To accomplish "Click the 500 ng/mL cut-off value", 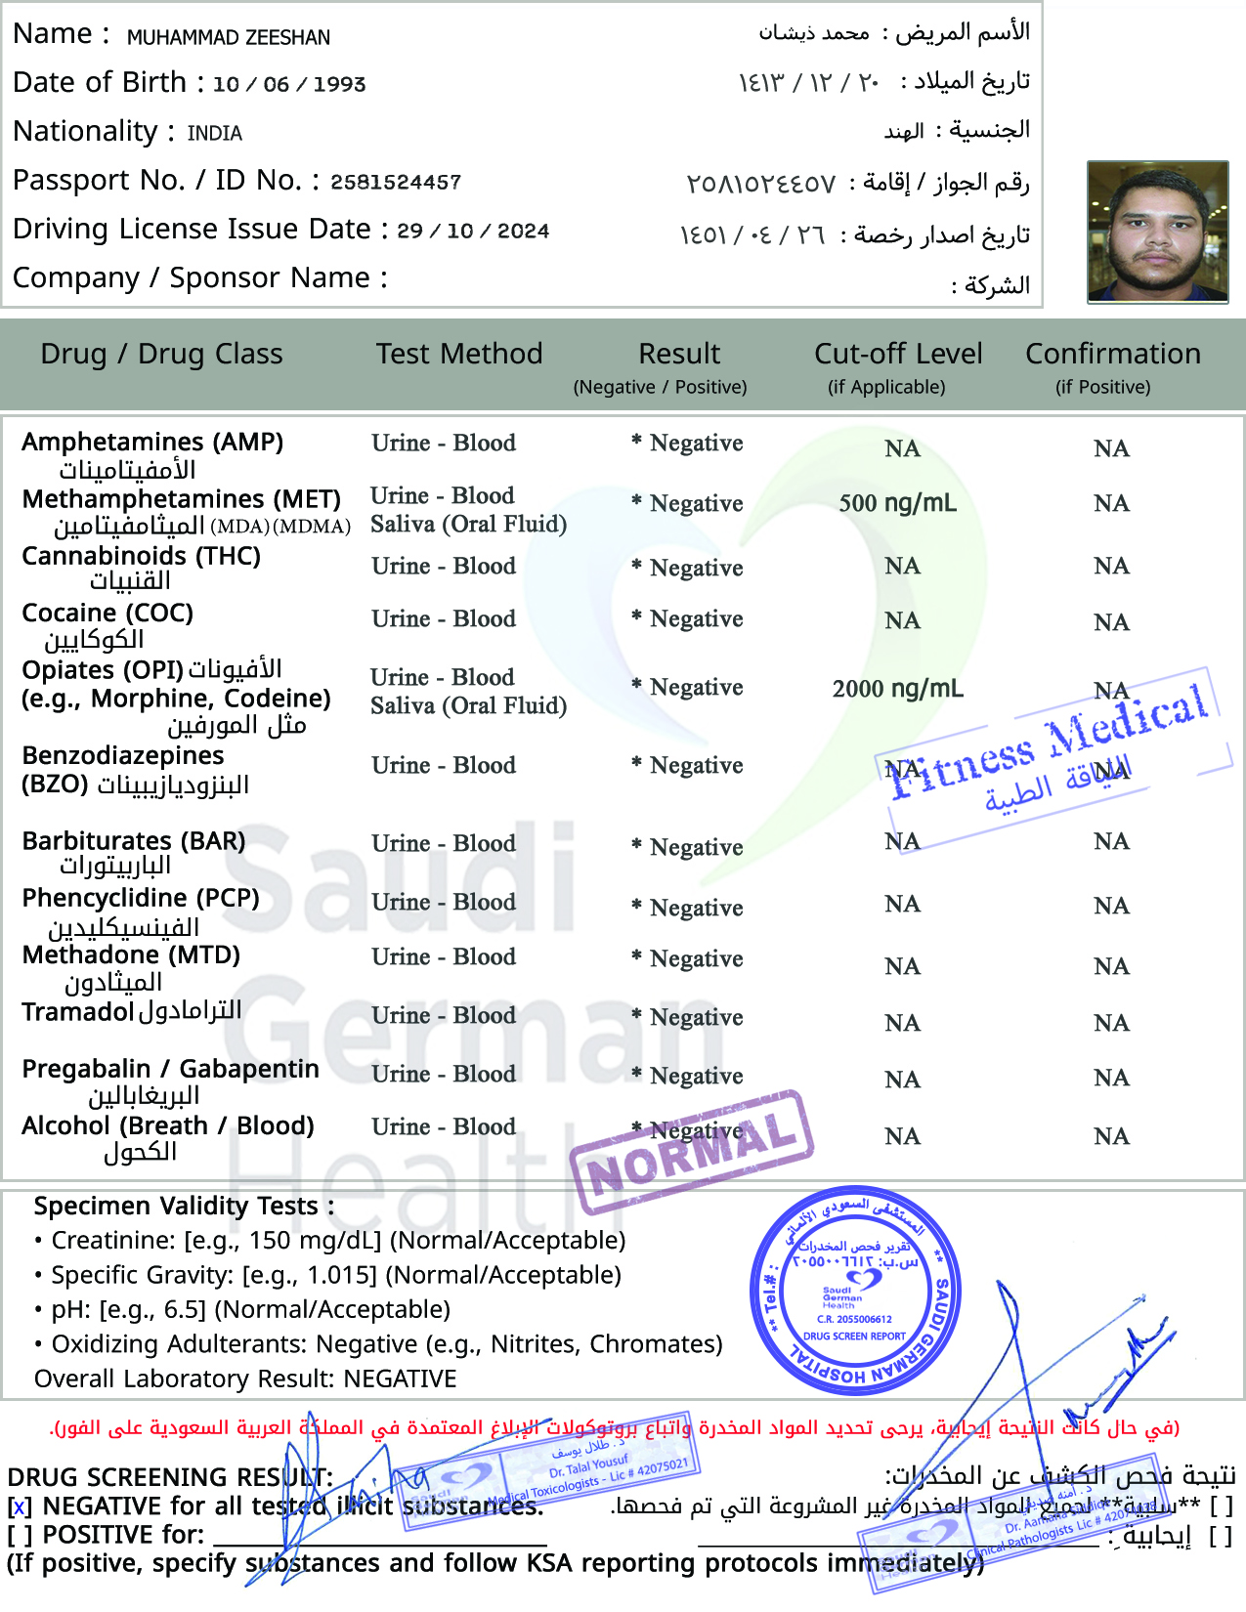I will [x=897, y=503].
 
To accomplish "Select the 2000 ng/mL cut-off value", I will [x=897, y=689].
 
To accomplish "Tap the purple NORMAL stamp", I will [x=692, y=1153].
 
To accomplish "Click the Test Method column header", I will [x=459, y=354].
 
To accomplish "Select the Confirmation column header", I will [x=1112, y=354].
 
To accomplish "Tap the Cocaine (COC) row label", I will [x=107, y=614].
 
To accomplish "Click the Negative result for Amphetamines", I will [x=696, y=444].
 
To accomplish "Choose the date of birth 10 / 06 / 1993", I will [x=289, y=84].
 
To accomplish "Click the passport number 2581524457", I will [x=396, y=182].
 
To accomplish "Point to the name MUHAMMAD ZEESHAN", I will [x=229, y=37].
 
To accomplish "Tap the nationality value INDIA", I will [x=215, y=133].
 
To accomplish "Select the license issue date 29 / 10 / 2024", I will [x=474, y=231].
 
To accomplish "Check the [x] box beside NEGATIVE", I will [x=20, y=1507].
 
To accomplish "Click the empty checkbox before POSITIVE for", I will [x=20, y=1536].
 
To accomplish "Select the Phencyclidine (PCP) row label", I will [x=141, y=898].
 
